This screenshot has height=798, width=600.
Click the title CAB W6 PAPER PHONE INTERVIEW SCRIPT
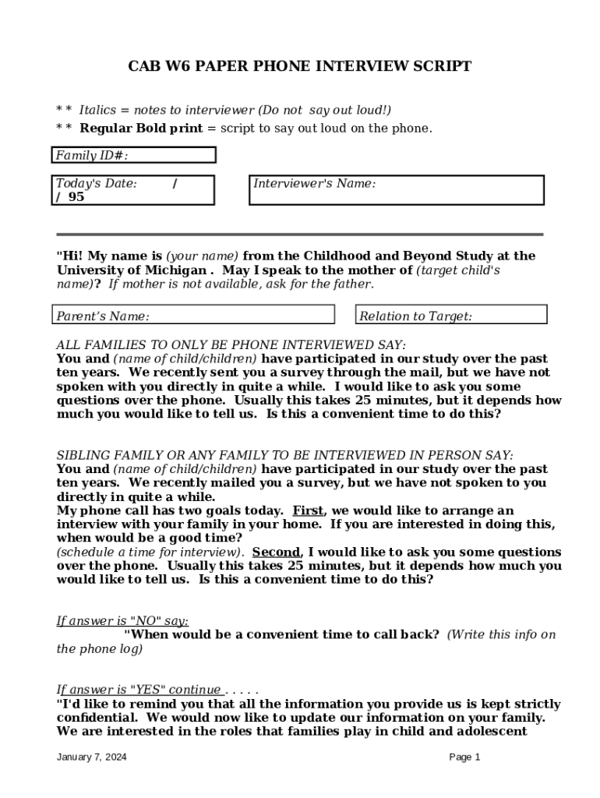click(x=299, y=67)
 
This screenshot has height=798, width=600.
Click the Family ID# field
click(x=133, y=155)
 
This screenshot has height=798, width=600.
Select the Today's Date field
click(x=133, y=190)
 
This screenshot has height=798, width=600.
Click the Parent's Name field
click(x=194, y=315)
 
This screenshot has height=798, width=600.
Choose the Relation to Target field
click(x=451, y=315)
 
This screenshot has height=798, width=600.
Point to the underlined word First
click(x=308, y=510)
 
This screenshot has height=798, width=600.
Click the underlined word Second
click(x=276, y=552)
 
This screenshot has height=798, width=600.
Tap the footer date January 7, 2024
click(x=92, y=757)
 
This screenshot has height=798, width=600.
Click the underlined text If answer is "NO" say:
click(x=122, y=620)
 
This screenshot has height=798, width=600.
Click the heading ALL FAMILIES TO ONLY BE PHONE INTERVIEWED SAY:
click(x=231, y=344)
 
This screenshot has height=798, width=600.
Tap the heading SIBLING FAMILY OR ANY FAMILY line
click(x=284, y=455)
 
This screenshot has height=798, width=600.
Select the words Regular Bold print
click(x=141, y=128)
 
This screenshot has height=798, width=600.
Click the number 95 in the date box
click(x=76, y=197)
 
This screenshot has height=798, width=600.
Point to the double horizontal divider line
click(x=299, y=234)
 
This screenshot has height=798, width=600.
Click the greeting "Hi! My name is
click(x=109, y=256)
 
